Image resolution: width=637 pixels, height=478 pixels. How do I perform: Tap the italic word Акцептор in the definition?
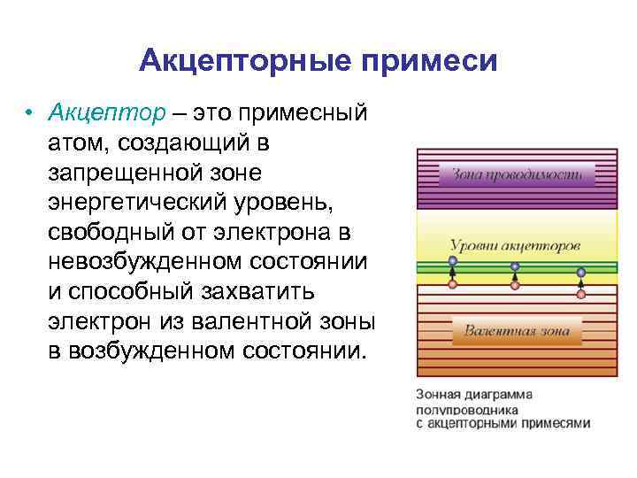point(107,114)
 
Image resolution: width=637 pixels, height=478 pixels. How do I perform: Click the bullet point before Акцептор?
point(30,114)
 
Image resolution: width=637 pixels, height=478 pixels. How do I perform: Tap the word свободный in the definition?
point(104,233)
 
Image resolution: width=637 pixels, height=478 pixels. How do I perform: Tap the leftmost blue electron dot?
point(452,261)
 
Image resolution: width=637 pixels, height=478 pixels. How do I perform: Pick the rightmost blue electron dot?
point(581,273)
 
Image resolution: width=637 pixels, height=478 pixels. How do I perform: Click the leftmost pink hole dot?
point(452,285)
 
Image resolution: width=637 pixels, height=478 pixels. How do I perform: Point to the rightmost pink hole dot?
point(581,294)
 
